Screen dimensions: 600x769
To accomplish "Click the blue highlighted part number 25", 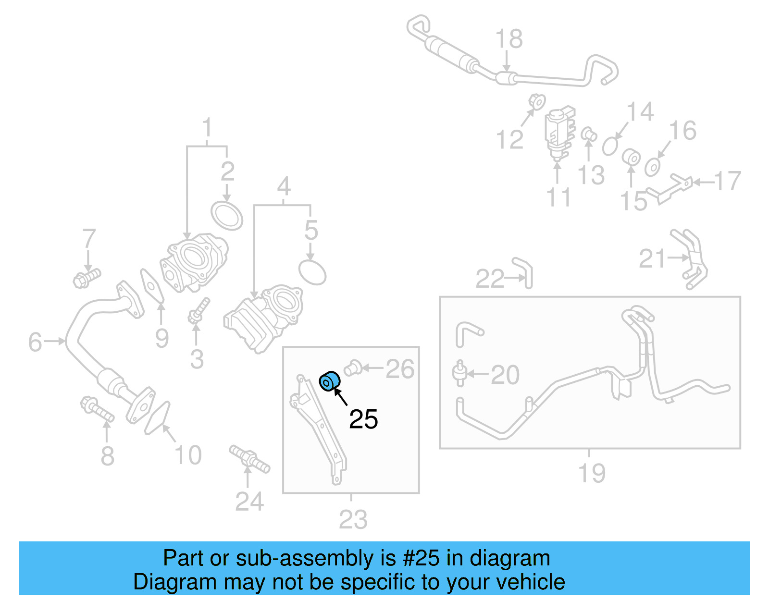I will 330,381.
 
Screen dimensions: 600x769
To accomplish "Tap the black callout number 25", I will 363,419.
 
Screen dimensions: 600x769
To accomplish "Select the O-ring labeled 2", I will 227,216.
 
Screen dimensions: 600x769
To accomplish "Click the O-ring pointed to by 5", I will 312,272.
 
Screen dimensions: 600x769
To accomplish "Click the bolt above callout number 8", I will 98,409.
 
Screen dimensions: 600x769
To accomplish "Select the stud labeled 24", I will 249,458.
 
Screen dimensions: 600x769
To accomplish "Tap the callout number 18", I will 509,39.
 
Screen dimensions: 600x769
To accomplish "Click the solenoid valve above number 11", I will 558,132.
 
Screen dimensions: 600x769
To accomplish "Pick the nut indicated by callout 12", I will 537,102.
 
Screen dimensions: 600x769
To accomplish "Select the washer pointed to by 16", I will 652,167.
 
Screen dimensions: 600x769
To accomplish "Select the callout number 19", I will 592,473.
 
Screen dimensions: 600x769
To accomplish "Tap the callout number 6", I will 35,342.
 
